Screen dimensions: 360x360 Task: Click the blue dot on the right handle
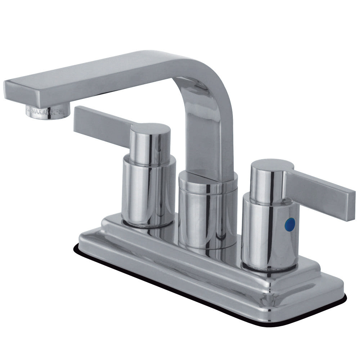tap(286, 223)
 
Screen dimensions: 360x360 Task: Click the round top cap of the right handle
tap(272, 165)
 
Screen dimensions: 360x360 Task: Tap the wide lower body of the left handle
tap(148, 191)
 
